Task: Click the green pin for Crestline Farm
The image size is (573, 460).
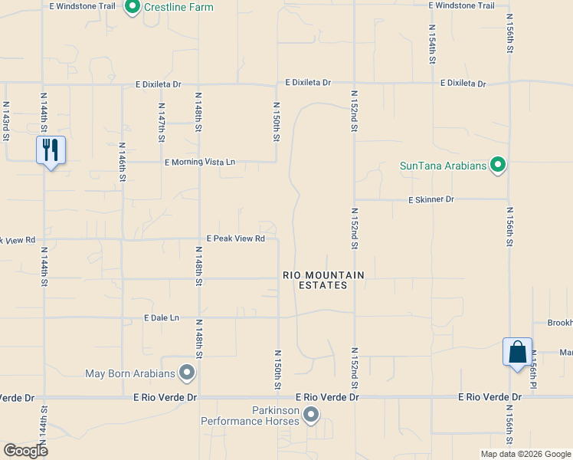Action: (x=132, y=8)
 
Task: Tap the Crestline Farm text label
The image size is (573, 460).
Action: (x=178, y=8)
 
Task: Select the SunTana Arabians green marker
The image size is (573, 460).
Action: (x=498, y=165)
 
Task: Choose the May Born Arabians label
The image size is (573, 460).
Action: (x=130, y=374)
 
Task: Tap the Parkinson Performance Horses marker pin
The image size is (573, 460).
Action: (x=311, y=416)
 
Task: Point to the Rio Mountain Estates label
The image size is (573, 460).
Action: (x=323, y=280)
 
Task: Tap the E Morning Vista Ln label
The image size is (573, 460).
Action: (x=200, y=163)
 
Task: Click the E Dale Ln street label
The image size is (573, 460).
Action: (x=161, y=317)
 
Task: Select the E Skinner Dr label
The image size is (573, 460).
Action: (x=431, y=199)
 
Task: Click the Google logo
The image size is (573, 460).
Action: (x=25, y=451)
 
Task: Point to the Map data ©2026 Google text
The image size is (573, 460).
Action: (x=524, y=454)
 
